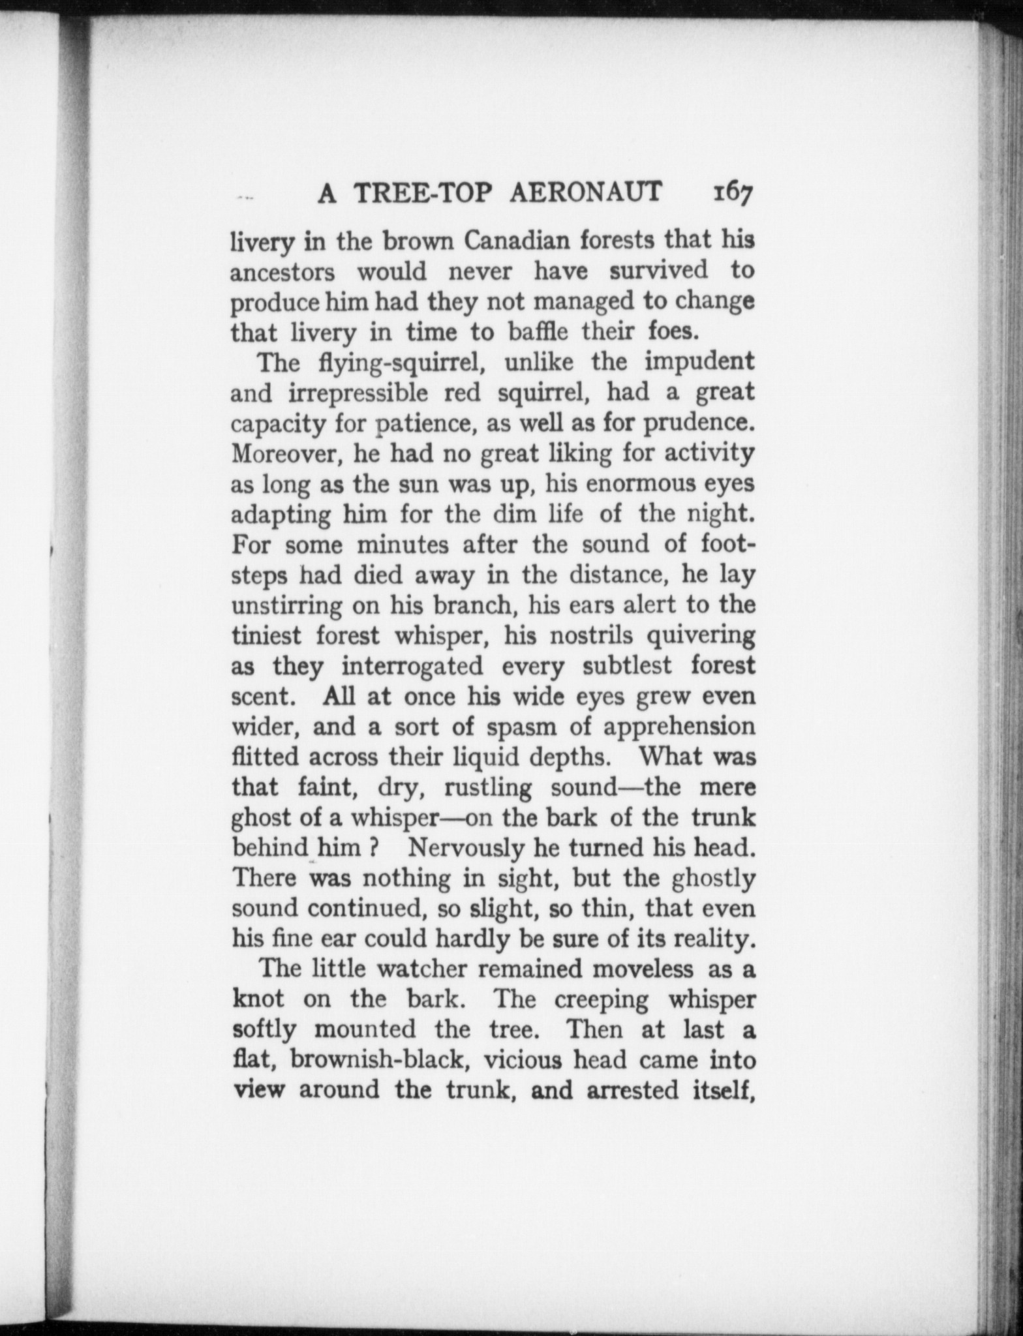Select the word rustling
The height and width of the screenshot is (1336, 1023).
pyautogui.click(x=487, y=788)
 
